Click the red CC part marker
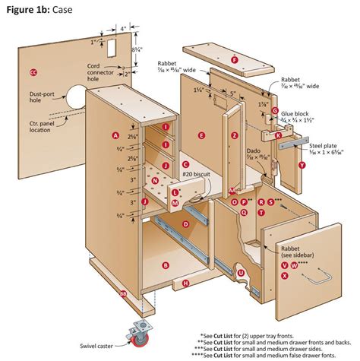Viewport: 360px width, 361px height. click(x=33, y=72)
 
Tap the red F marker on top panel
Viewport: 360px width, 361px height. click(x=235, y=59)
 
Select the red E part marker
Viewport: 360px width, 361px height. click(x=201, y=135)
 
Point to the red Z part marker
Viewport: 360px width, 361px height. click(x=235, y=135)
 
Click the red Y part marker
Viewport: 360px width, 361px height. click(x=302, y=164)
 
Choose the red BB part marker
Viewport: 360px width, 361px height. click(x=123, y=293)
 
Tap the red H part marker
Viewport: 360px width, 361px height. click(x=185, y=284)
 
